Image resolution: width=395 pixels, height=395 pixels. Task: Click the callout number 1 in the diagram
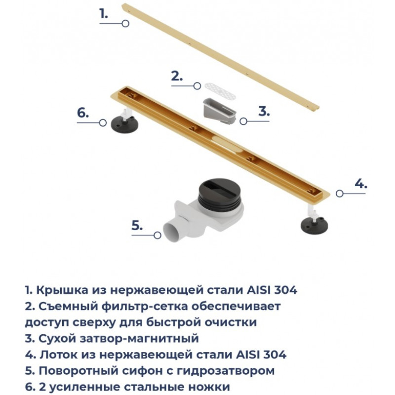[104, 14]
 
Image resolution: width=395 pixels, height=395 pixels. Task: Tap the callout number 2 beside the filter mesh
[177, 76]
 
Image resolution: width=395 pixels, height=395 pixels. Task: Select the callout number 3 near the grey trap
[264, 111]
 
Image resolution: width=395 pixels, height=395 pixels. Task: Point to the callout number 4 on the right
[361, 183]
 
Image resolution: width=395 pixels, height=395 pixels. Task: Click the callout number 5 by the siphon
[137, 225]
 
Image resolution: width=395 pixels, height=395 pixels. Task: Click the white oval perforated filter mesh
[220, 90]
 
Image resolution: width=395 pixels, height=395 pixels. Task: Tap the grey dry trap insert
[220, 112]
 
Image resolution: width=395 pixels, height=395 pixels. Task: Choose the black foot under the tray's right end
[315, 224]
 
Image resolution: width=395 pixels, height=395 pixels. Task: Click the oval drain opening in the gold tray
[227, 144]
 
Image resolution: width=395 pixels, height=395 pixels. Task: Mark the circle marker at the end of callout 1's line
[125, 23]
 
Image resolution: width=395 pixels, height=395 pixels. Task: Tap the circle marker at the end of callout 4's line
[340, 194]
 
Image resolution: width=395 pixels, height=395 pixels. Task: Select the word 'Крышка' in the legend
[63, 290]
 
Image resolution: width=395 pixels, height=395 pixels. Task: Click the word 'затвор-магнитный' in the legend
[139, 339]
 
